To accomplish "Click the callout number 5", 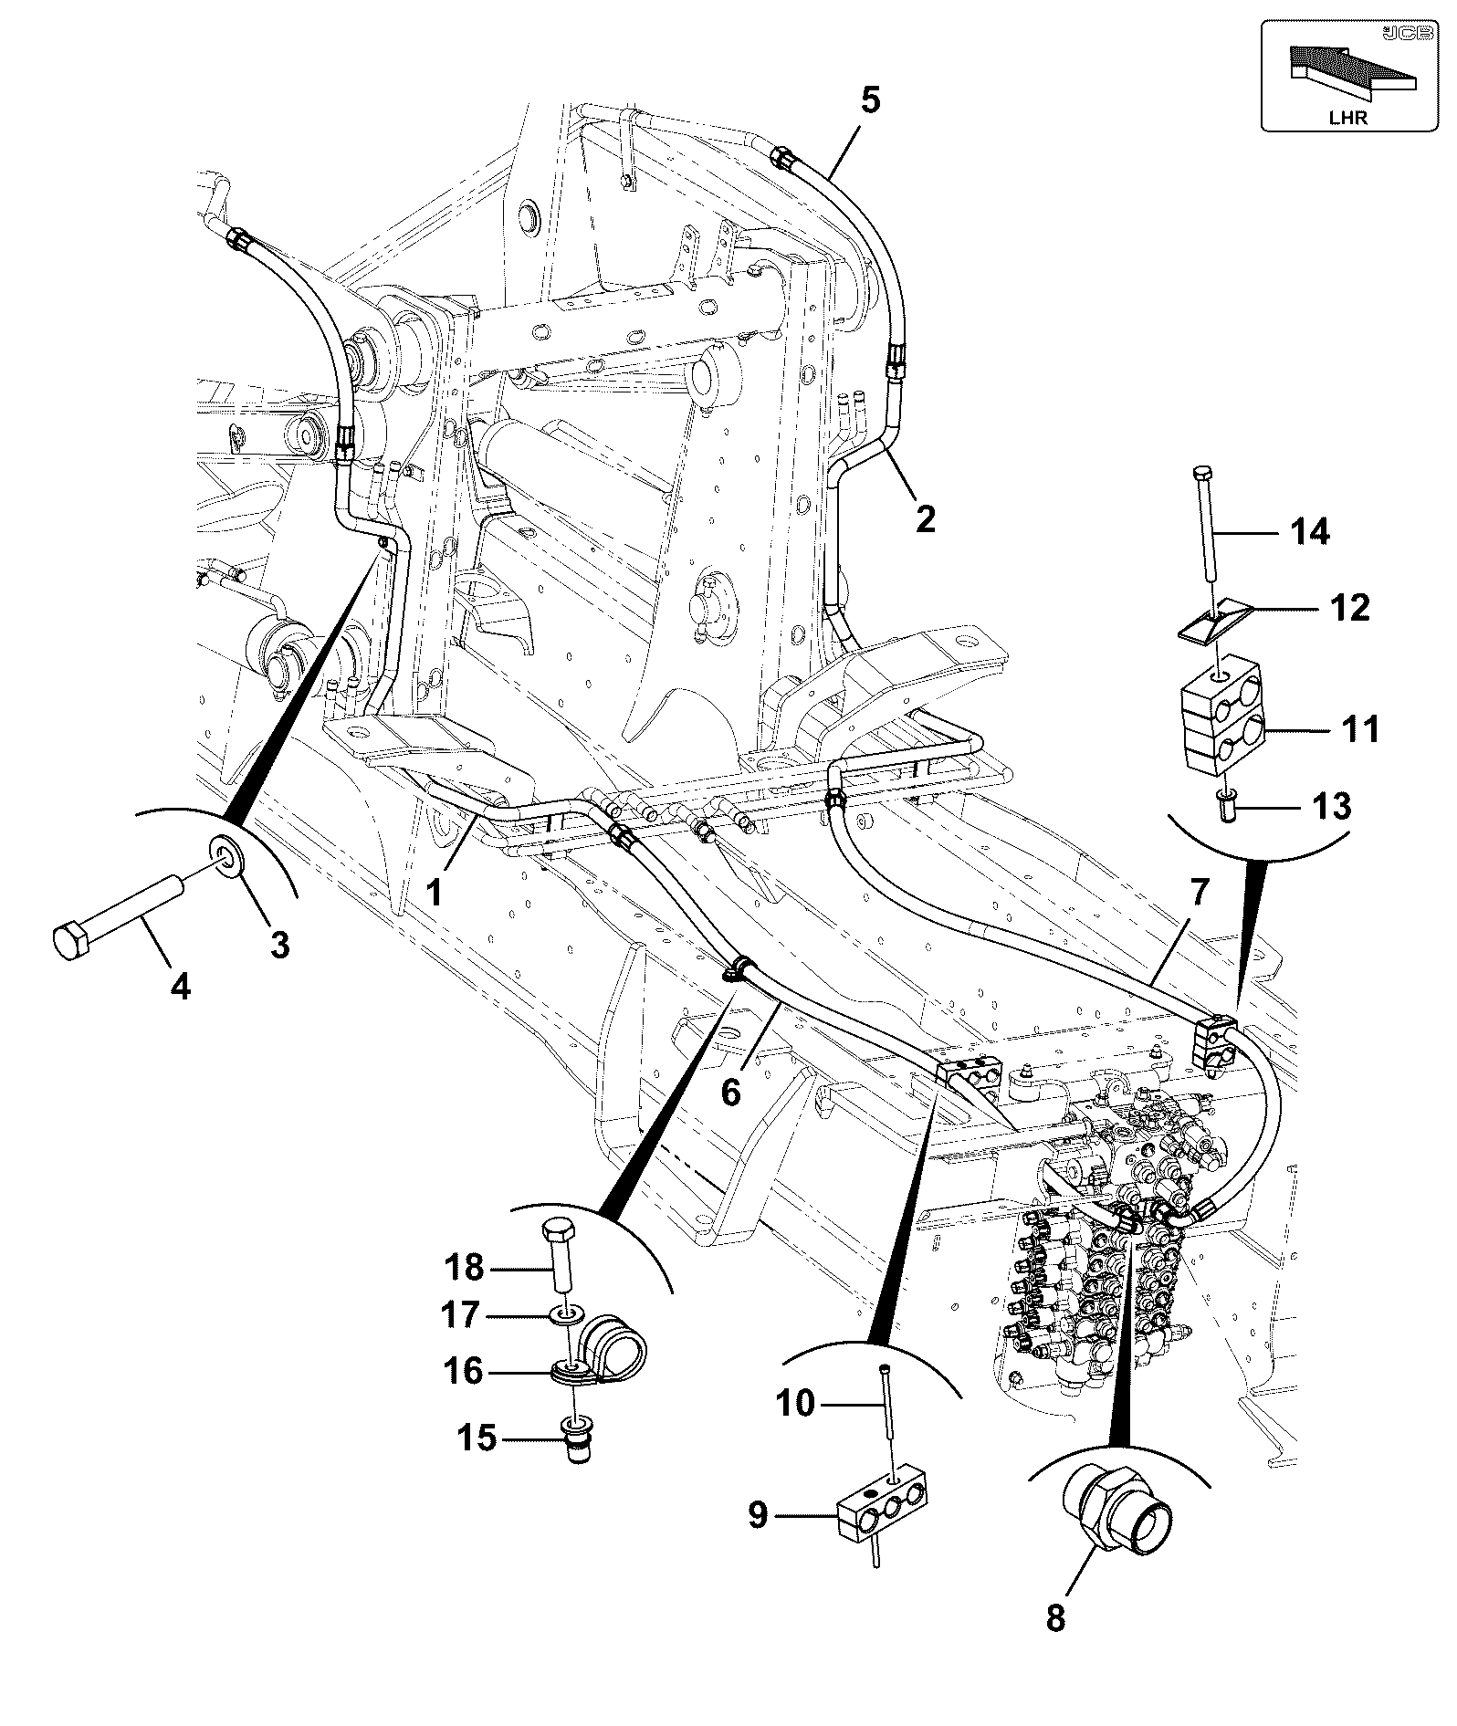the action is pos(870,100).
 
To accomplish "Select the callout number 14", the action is pos(1310,530).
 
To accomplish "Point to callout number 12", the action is pos(1350,607).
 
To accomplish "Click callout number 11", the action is pos(1359,729).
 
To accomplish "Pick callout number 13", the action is pos(1332,806).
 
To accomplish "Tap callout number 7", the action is pos(1198,893).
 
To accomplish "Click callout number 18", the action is pos(464,1267).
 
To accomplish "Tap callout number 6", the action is pos(731,1092).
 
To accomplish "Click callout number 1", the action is pos(435,892).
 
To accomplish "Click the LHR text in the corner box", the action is pos(1347,119).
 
